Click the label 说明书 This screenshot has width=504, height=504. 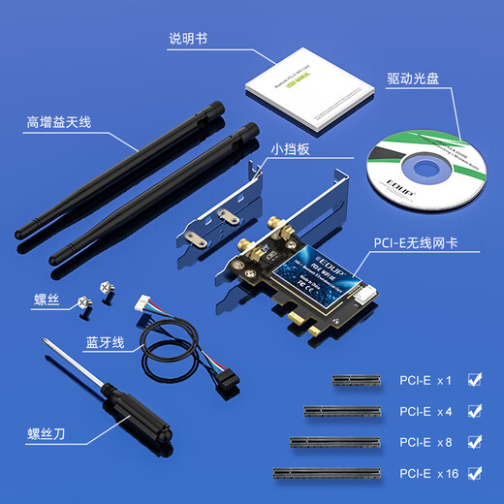[x=187, y=40]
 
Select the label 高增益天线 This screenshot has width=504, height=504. [x=57, y=124]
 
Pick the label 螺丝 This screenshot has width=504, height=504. [x=47, y=301]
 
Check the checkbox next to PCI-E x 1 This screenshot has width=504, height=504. [x=474, y=379]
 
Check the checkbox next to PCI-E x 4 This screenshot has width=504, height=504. [x=474, y=410]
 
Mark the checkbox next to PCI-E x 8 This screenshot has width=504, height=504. [x=474, y=441]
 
